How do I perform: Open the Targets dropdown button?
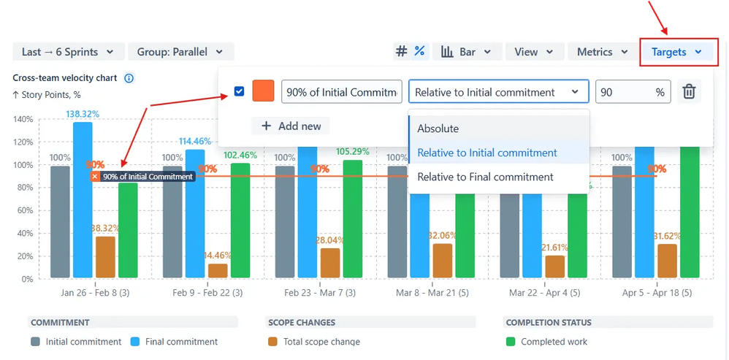coord(677,52)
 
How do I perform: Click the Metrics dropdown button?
coord(602,52)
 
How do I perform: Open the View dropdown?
coord(538,52)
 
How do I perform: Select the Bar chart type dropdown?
coord(467,52)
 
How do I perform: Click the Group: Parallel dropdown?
coord(180,52)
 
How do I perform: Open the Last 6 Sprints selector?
coord(67,52)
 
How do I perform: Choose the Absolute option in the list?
coord(438,129)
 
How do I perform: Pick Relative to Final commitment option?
coord(485,177)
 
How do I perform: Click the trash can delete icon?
coord(689,92)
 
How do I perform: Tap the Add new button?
coord(291,126)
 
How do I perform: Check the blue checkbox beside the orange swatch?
coord(240,92)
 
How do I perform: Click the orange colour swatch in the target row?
coord(263,92)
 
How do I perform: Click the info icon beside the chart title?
coord(129,78)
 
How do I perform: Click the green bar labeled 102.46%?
coord(240,219)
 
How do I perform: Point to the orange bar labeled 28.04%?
coord(330,263)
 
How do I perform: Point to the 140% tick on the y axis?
coord(23,119)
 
